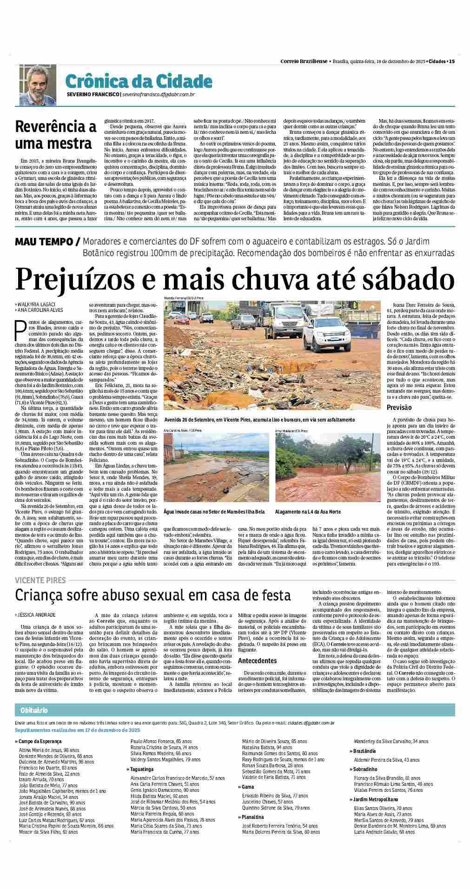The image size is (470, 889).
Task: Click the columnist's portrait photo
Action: [36, 84]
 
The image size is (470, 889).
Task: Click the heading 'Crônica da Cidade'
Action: [139, 81]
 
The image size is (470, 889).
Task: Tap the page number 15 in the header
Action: [452, 61]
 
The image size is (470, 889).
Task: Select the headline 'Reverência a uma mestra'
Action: [56, 135]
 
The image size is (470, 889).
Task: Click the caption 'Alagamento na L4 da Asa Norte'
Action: [308, 512]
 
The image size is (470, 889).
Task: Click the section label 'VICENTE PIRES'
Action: [40, 580]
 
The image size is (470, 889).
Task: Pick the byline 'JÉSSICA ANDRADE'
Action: [37, 614]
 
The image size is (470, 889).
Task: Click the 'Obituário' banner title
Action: [34, 711]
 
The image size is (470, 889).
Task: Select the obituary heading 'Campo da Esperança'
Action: [40, 741]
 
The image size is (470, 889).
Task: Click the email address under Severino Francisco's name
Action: [158, 95]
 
